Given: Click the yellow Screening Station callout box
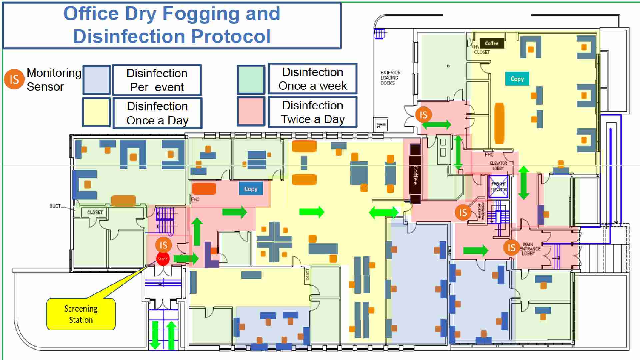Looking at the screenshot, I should point(81,314).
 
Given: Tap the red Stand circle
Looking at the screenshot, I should point(163,259).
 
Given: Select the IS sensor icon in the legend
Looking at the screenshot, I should point(14,79).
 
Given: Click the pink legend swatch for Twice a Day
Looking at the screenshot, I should point(251,111).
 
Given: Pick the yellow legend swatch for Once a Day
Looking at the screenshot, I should point(96,112).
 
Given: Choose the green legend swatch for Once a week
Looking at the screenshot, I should point(251,79).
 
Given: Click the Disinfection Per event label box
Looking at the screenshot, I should point(157,80).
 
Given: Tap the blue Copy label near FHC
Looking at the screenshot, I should point(251,189).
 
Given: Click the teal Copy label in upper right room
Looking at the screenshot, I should point(517,79).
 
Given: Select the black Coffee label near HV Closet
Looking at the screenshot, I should point(491,43).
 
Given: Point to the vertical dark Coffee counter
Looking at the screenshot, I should point(415,174).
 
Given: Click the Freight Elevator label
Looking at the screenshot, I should point(498,187).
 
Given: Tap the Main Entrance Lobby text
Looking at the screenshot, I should point(529,249).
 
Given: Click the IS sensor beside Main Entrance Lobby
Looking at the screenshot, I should point(511,248).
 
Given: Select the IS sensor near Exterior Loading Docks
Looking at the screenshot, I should point(423,115).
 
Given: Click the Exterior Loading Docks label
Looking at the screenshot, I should point(390,78).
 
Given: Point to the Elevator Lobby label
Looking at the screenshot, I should point(498,166).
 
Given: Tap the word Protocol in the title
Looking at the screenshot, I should point(231,36).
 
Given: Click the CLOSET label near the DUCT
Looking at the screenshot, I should point(95,212).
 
